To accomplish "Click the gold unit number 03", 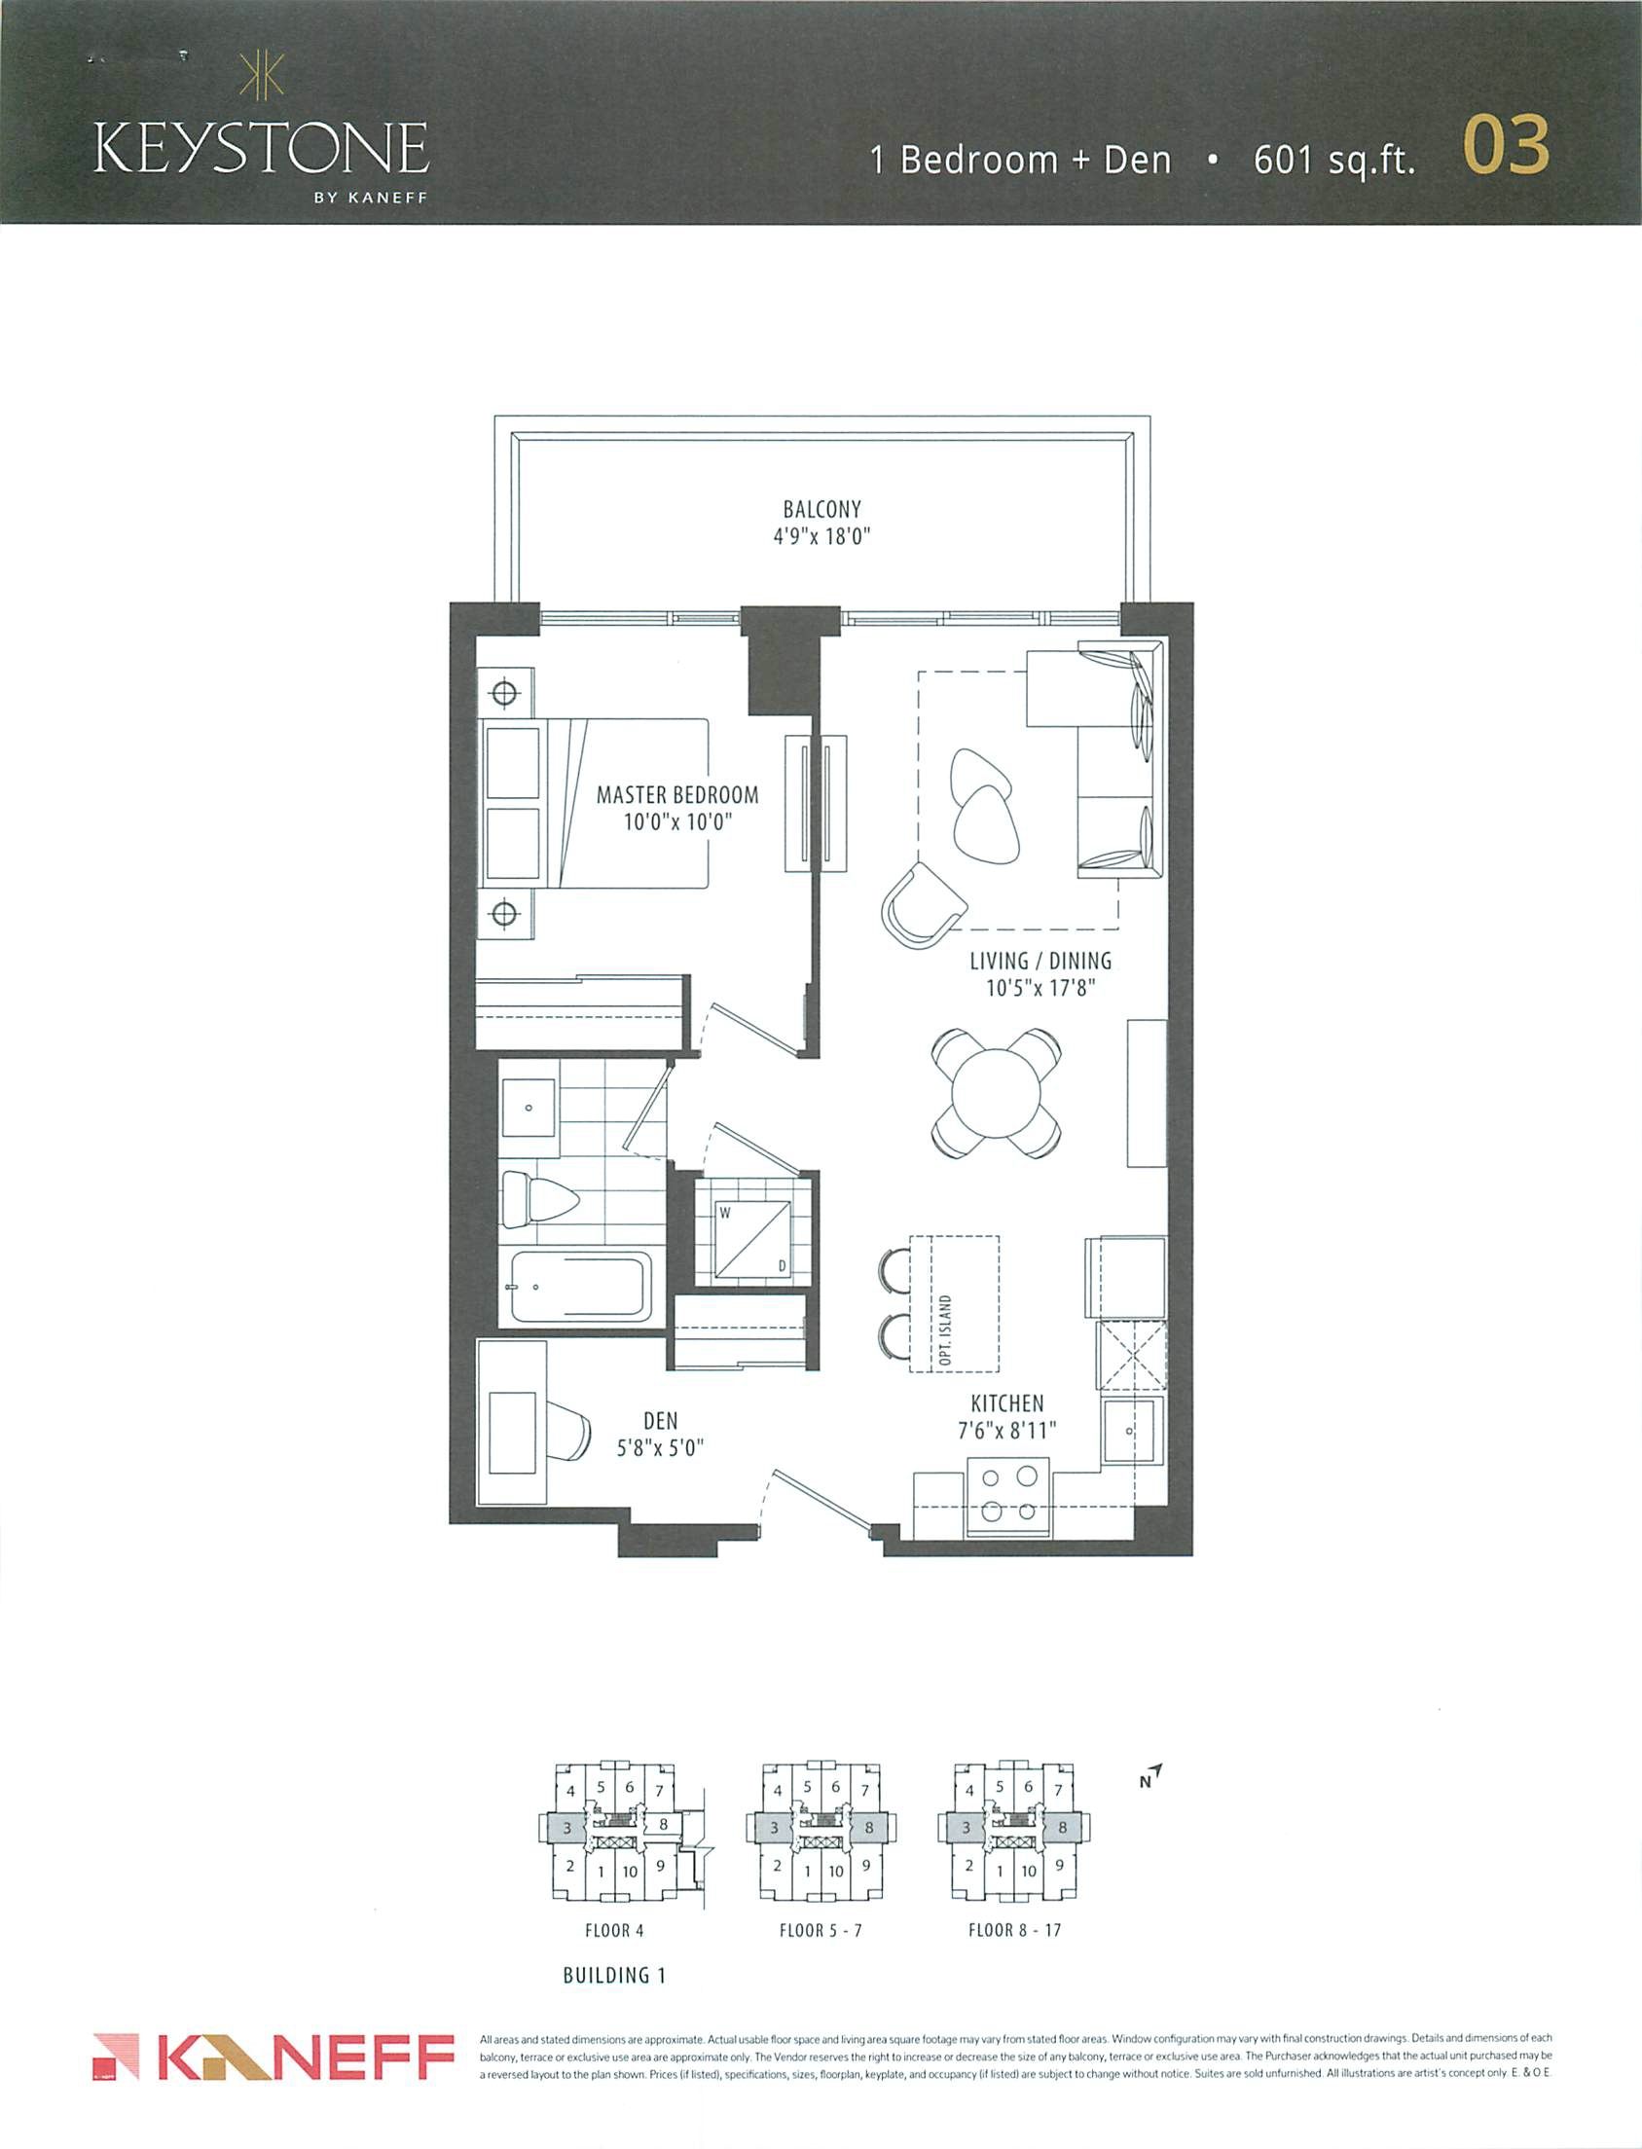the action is click(x=1505, y=146).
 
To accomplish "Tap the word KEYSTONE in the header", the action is click(x=261, y=149).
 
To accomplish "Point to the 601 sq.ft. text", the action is click(x=1334, y=160).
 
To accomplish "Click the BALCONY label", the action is click(x=822, y=509).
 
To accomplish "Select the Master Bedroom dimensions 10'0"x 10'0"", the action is click(x=677, y=821).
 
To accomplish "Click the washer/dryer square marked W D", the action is click(x=751, y=1239).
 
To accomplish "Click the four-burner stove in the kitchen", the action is click(x=1007, y=1496).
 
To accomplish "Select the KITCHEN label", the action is click(x=1006, y=1403).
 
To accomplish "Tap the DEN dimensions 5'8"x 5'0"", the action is click(x=661, y=1447).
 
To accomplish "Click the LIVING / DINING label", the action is click(x=1040, y=961).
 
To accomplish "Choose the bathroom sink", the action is click(x=528, y=1109).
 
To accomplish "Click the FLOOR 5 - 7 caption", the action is click(x=821, y=1930).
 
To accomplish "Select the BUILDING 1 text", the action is click(x=614, y=1975).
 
